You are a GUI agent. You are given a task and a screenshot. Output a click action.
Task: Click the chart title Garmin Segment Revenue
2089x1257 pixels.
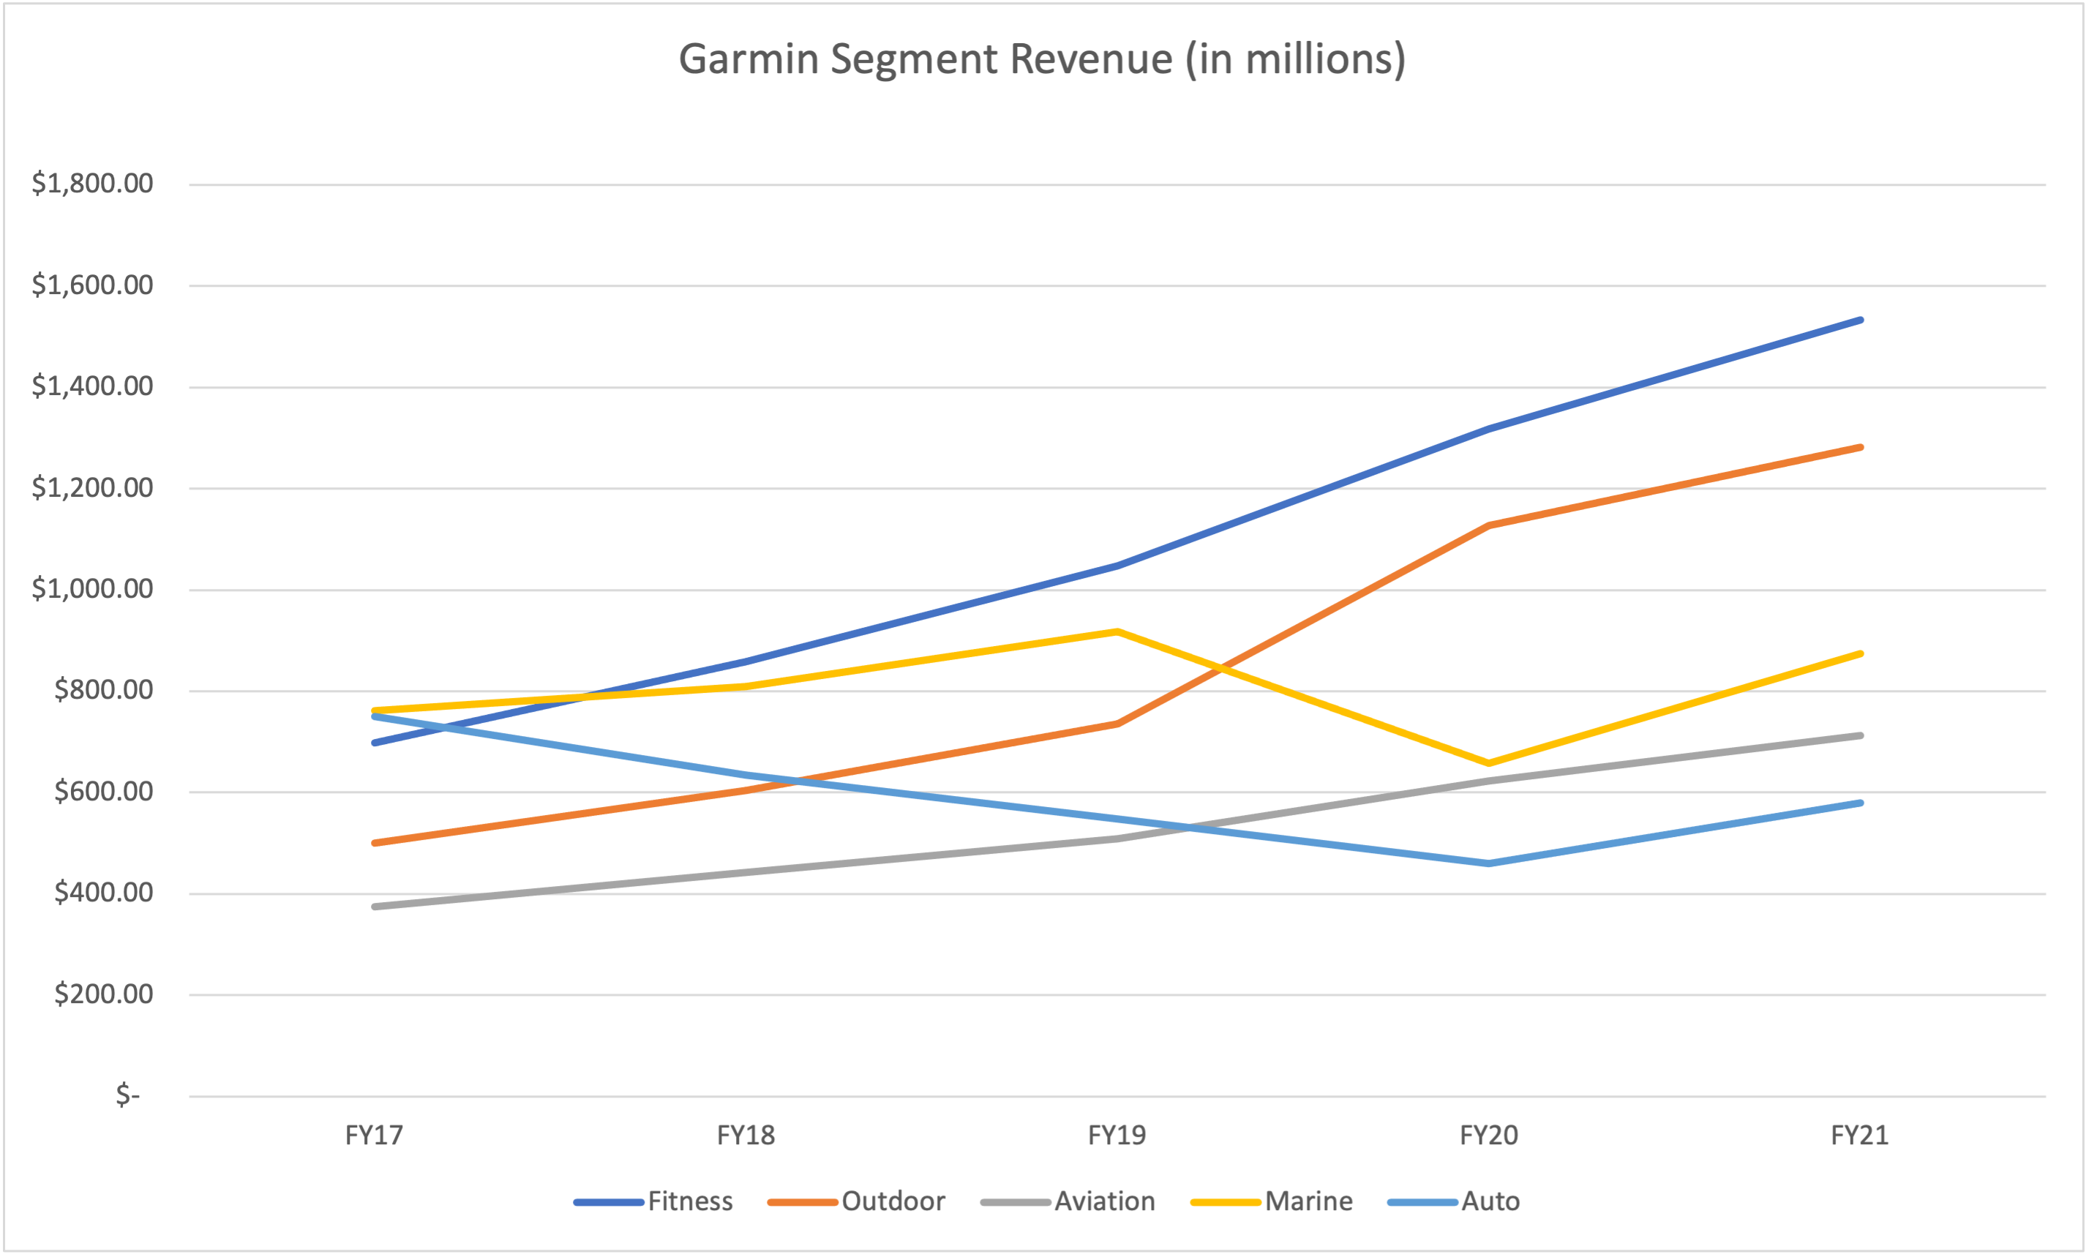coord(1042,59)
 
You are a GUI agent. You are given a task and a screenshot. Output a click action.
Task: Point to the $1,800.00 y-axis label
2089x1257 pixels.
coord(92,183)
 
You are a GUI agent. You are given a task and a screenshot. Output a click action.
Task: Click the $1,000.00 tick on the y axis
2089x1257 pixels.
coord(92,589)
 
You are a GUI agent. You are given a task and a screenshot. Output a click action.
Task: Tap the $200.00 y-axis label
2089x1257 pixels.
coord(103,994)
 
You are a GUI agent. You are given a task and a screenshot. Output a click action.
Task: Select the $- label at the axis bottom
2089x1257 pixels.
coord(127,1095)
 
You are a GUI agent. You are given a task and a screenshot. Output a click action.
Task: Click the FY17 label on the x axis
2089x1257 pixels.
coord(374,1135)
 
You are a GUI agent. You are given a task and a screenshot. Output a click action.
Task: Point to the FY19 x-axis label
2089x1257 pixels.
coord(1117,1135)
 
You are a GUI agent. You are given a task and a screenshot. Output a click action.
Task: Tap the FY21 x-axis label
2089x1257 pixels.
coord(1859,1135)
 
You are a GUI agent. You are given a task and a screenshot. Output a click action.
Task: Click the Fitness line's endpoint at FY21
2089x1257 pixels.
coord(1860,320)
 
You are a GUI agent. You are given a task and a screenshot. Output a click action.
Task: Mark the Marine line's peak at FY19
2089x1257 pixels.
coord(1117,631)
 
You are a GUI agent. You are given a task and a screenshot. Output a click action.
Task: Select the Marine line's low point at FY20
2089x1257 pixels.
coord(1488,763)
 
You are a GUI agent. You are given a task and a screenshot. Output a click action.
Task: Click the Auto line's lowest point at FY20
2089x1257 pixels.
coord(1488,863)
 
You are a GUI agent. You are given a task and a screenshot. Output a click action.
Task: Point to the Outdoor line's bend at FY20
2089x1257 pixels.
coord(1488,525)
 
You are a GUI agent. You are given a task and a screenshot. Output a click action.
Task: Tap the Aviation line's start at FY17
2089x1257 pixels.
coord(375,907)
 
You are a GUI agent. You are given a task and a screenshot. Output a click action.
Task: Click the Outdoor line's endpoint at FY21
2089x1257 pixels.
coord(1860,447)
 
